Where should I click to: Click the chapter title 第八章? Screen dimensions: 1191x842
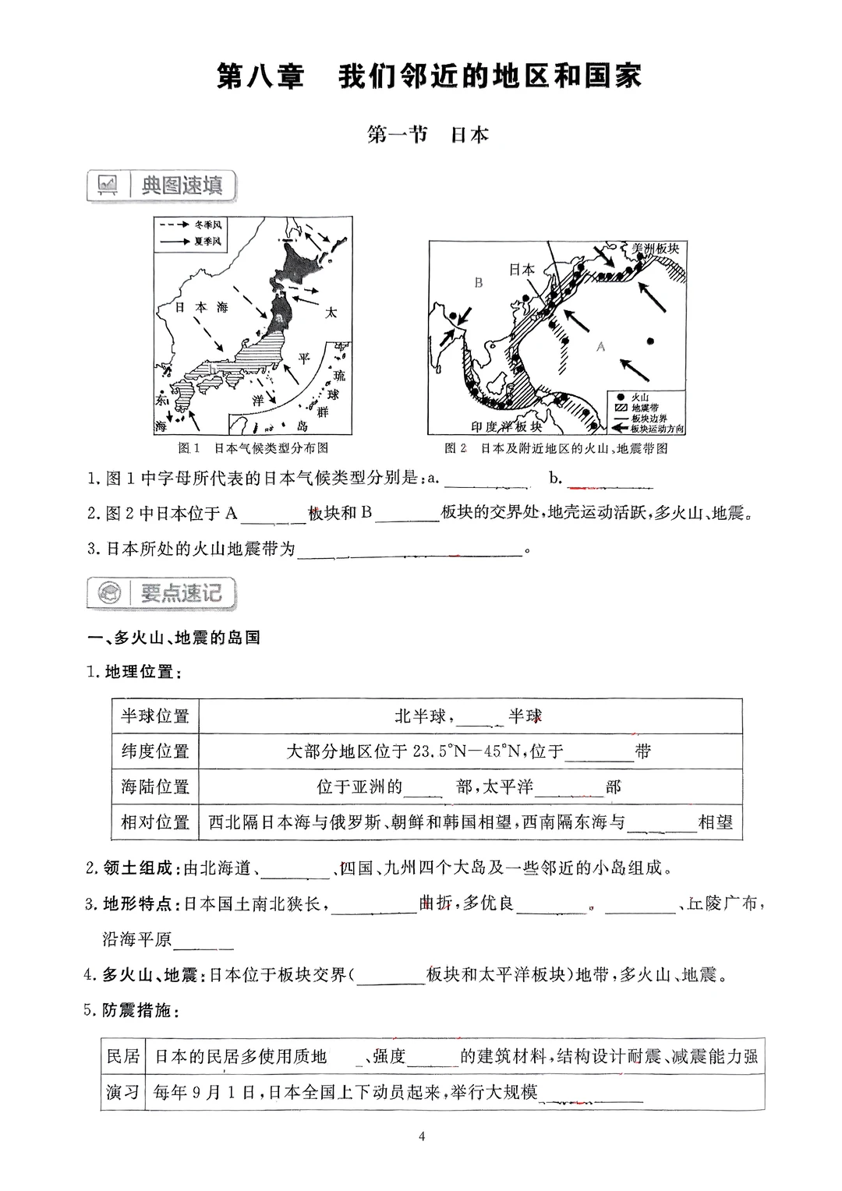pos(260,77)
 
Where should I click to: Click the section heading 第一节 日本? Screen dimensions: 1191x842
pos(427,135)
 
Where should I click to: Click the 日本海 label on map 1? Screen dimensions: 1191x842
pos(200,308)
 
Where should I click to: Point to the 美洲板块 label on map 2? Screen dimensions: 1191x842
pos(655,249)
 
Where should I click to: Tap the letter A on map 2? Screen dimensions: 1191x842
pos(600,347)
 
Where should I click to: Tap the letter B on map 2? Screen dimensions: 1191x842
pos(478,283)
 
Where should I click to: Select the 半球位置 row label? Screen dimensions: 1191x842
pos(155,716)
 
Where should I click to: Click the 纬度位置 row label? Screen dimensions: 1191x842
pos(155,751)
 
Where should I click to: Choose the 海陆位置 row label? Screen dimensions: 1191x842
pos(155,786)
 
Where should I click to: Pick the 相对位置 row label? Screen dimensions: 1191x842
pos(155,822)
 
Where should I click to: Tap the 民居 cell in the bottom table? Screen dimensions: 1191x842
pos(122,1057)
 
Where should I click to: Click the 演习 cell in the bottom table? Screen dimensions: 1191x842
pos(122,1092)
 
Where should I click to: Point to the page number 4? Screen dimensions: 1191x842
pos(422,1136)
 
